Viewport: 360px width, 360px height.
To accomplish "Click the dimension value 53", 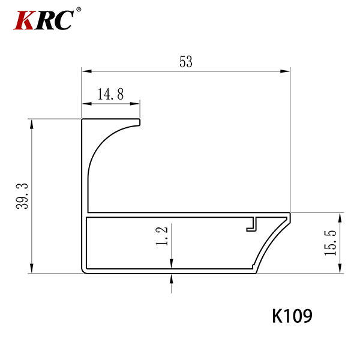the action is pos(186,62).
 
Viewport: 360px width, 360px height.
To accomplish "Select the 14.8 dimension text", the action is pos(110,94).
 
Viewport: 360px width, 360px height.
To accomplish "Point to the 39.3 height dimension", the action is pos(22,196).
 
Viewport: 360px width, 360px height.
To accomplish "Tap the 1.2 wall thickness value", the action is pos(162,236).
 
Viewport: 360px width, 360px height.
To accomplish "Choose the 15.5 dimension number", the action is pos(331,243).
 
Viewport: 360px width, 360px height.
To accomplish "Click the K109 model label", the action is pos(292,316).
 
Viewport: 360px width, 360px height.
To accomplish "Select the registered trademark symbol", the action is pos(78,10).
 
